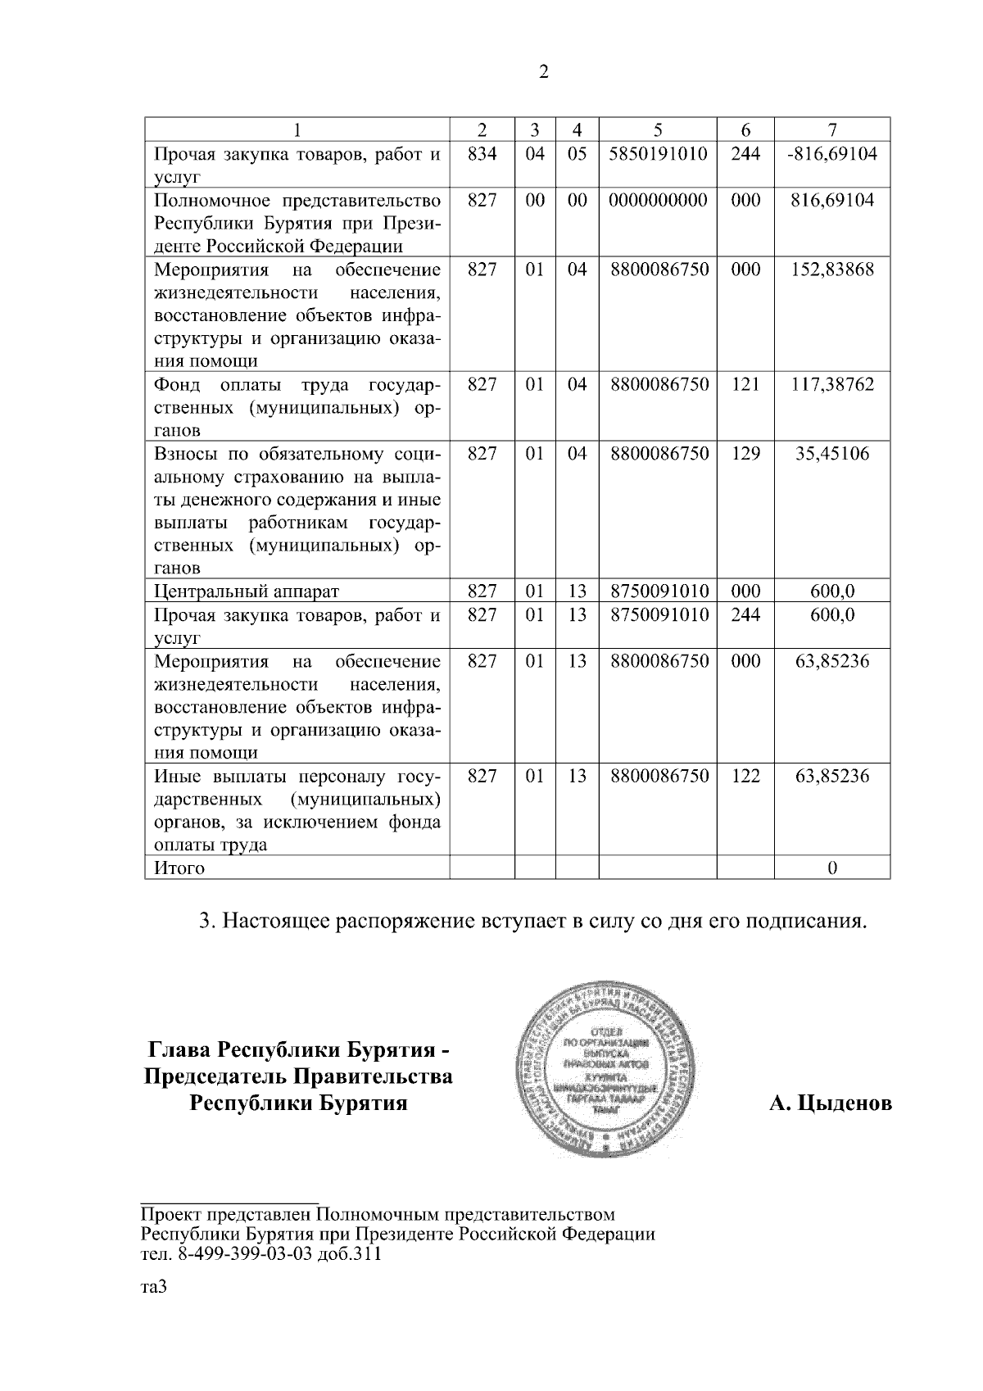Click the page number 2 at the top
point(544,72)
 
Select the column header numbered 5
point(658,129)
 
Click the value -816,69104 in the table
point(831,153)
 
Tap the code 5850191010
point(658,153)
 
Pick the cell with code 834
point(482,153)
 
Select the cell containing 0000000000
point(658,200)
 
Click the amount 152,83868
point(832,270)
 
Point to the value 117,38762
point(832,384)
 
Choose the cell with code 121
point(745,384)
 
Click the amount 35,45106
point(832,453)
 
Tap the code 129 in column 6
point(745,453)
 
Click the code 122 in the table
point(745,775)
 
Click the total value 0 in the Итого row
point(832,868)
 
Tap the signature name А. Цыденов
point(830,1103)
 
